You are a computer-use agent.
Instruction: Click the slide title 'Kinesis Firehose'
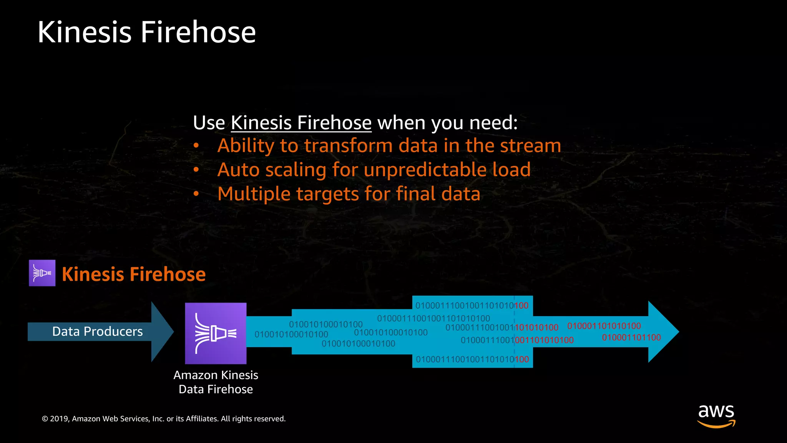tap(146, 32)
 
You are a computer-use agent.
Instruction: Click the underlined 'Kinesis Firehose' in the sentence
tap(301, 123)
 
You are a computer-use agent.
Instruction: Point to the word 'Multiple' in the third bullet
tap(254, 194)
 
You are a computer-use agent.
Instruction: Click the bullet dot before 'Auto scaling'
tap(196, 170)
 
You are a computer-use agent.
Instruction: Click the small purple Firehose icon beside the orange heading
tap(42, 273)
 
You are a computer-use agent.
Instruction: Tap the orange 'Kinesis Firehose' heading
tap(134, 274)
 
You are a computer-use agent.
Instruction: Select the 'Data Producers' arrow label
tap(97, 331)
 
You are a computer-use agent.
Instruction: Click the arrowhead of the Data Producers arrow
tap(161, 331)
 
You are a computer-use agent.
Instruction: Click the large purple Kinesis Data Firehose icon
tap(216, 333)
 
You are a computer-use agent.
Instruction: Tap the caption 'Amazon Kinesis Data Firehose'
tap(216, 382)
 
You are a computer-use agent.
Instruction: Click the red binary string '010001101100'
tap(631, 338)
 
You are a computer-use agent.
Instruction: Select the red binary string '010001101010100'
tap(604, 326)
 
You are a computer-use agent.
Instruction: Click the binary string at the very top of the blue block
tap(472, 306)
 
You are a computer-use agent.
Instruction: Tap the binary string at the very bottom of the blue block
tap(472, 360)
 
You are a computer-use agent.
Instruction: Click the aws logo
tap(716, 415)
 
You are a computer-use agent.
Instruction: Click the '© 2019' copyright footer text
tap(163, 419)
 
